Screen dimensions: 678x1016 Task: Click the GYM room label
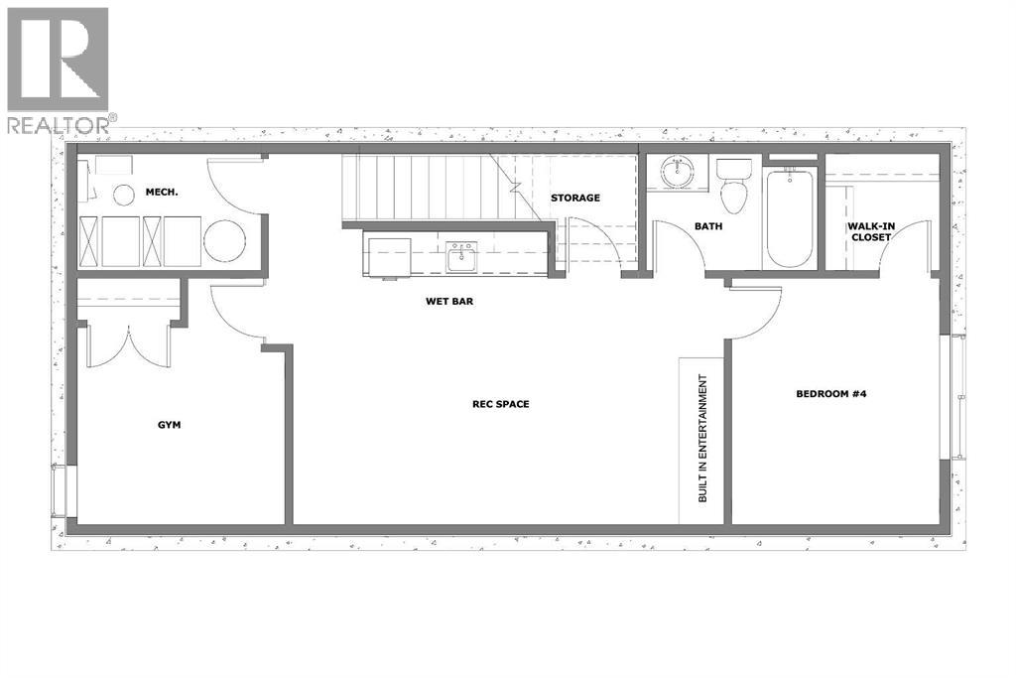[x=169, y=424]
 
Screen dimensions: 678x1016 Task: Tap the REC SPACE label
[x=500, y=404]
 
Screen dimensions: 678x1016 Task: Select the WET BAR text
[x=444, y=301]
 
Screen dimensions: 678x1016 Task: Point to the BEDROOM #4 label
[x=832, y=393]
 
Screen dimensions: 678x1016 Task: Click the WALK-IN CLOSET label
[x=870, y=231]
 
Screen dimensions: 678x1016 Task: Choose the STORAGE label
[x=575, y=198]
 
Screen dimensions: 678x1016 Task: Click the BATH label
[x=707, y=226]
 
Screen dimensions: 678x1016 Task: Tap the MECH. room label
[x=162, y=191]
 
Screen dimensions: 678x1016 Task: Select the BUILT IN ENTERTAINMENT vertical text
[x=702, y=438]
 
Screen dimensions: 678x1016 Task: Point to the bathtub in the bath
[x=789, y=218]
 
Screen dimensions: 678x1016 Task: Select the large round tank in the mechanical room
[x=225, y=240]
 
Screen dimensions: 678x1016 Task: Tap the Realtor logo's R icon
[x=58, y=59]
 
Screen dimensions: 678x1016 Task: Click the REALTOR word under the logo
[x=57, y=125]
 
